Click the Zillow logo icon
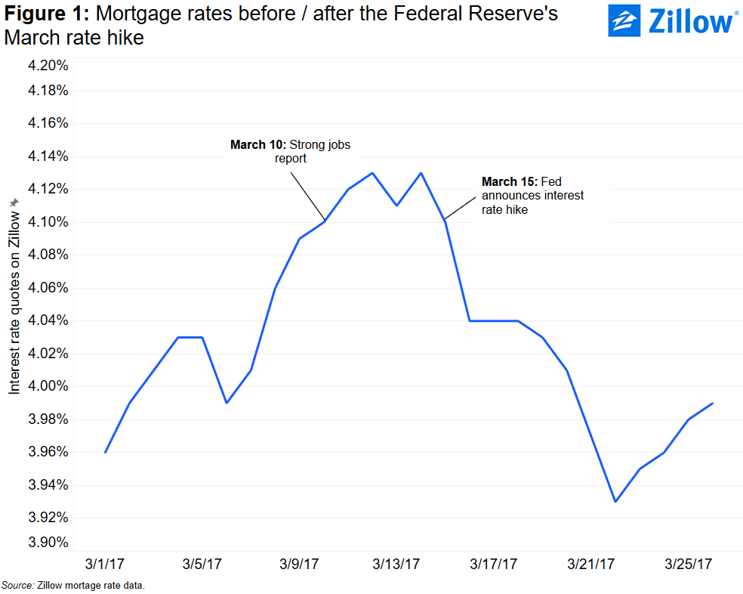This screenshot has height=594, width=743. [x=624, y=21]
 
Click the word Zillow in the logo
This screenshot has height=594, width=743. [x=690, y=22]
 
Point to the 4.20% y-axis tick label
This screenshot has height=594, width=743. [x=48, y=65]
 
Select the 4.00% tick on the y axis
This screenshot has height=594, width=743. [x=48, y=386]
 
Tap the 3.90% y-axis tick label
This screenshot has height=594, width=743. [x=48, y=543]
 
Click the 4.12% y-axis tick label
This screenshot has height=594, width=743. [x=48, y=189]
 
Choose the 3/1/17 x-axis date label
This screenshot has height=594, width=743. [x=106, y=564]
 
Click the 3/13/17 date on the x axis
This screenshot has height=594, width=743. [x=396, y=564]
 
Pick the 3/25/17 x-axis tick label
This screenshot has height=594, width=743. [x=689, y=564]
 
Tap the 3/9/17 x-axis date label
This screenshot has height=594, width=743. [x=300, y=564]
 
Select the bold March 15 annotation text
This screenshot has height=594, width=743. [x=507, y=182]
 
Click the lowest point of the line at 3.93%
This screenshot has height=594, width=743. [x=615, y=501]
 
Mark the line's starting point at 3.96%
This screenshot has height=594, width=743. [x=106, y=452]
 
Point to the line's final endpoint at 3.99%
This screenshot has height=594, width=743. [x=713, y=403]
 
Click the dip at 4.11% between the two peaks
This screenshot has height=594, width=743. [x=396, y=206]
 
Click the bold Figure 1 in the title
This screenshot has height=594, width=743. [x=45, y=14]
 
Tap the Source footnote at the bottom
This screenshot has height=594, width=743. [x=72, y=586]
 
